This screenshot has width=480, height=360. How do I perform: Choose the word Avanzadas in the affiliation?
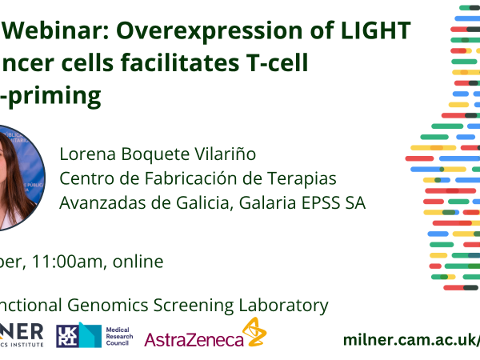pyautogui.click(x=101, y=203)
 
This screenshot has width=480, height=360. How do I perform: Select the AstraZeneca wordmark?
pyautogui.click(x=194, y=340)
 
